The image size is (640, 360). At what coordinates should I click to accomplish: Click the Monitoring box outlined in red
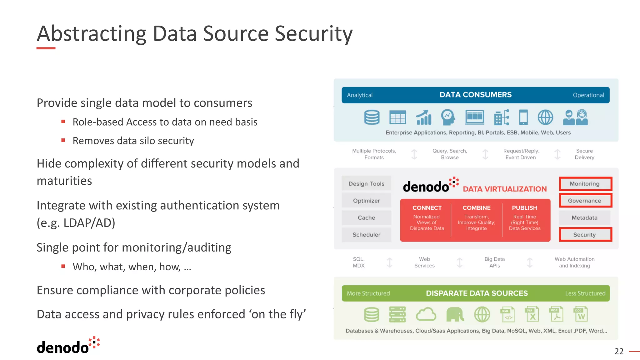pos(585,184)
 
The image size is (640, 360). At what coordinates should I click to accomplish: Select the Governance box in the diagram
pos(585,201)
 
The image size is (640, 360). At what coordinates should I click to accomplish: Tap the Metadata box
pos(584,218)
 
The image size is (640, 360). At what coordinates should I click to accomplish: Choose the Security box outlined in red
pos(585,235)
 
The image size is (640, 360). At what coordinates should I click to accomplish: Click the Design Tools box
pos(366,184)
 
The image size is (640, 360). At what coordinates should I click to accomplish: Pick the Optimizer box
pos(366,201)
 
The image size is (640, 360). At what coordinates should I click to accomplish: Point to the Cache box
pos(366,218)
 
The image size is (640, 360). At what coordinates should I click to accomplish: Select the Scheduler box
pos(366,235)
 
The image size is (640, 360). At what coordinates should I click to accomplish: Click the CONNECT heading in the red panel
pos(427,208)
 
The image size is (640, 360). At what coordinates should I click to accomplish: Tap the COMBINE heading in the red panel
pos(476,208)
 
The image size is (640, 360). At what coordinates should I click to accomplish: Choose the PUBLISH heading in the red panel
pos(524,208)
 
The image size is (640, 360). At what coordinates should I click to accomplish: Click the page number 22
pos(619,351)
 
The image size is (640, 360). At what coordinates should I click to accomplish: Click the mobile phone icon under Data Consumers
pos(523,117)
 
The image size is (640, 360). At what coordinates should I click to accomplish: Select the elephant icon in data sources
pos(455,314)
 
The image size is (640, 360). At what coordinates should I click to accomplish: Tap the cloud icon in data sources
pos(426,314)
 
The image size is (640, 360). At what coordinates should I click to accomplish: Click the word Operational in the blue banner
pos(588,95)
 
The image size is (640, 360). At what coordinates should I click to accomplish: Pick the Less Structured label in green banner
pos(585,293)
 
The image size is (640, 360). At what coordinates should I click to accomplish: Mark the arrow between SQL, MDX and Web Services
pos(389,262)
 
